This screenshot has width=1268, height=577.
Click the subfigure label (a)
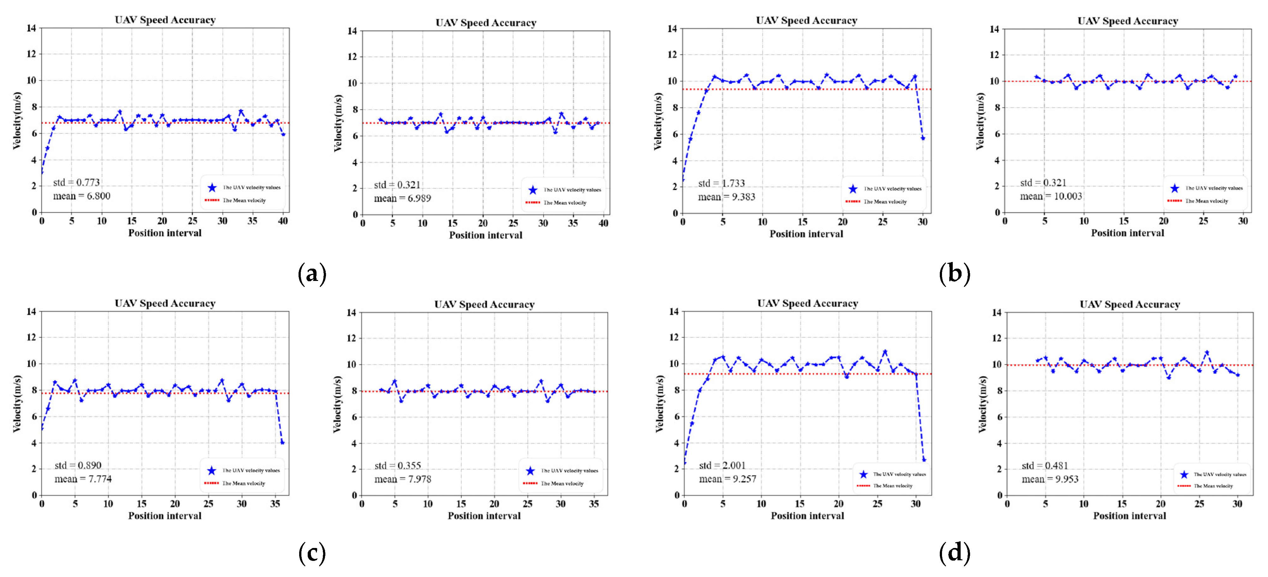pos(312,274)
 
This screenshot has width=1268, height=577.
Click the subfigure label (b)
pos(954,274)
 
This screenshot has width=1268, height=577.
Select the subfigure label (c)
pos(312,554)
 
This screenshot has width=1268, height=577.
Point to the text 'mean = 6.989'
pos(402,199)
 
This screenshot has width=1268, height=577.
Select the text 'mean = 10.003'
pos(1051,196)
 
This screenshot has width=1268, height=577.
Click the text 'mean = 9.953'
pos(1049,479)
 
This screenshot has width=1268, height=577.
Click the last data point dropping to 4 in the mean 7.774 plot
pos(282,443)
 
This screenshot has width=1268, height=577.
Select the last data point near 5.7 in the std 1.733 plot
pos(923,138)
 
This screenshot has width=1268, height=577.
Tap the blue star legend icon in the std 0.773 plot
pos(212,187)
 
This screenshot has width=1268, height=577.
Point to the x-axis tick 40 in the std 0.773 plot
pos(282,221)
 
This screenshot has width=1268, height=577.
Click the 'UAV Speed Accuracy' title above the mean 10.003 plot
pos(1127,21)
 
